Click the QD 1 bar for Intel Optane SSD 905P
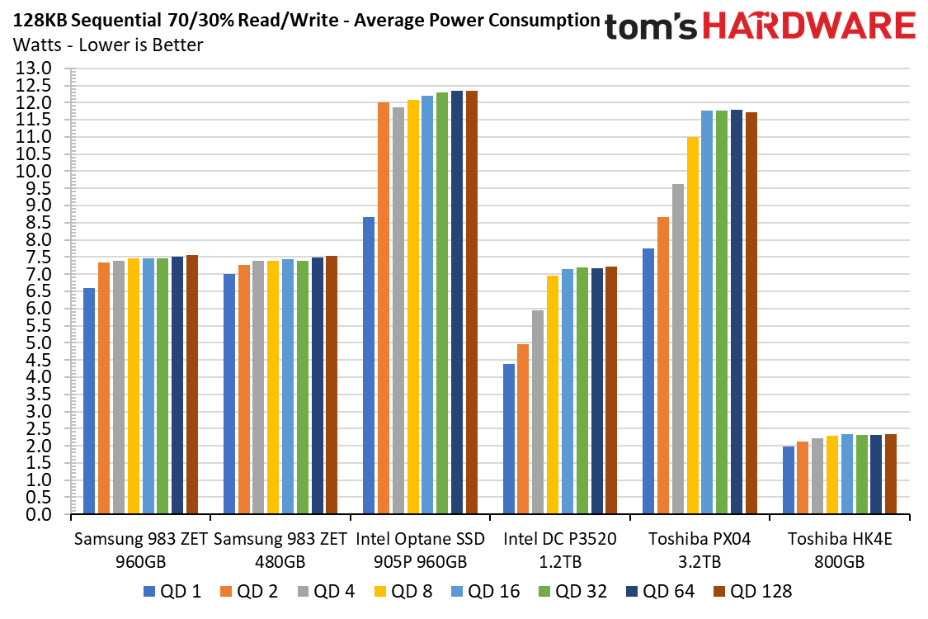point(369,365)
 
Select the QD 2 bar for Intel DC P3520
point(523,429)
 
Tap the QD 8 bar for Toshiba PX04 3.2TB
point(692,325)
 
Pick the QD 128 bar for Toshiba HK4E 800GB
point(891,474)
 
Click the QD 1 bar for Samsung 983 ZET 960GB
point(89,400)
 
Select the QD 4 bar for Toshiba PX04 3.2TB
point(678,349)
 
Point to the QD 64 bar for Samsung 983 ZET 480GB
point(318,385)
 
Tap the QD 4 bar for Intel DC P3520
point(538,412)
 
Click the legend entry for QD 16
point(485,591)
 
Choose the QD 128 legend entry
point(753,591)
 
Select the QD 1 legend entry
point(172,591)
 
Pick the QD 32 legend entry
point(573,591)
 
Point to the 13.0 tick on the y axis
point(33,69)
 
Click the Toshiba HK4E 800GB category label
point(839,550)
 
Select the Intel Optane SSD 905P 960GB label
point(420,550)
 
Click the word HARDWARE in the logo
point(809,26)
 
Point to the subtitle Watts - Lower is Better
point(108,45)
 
